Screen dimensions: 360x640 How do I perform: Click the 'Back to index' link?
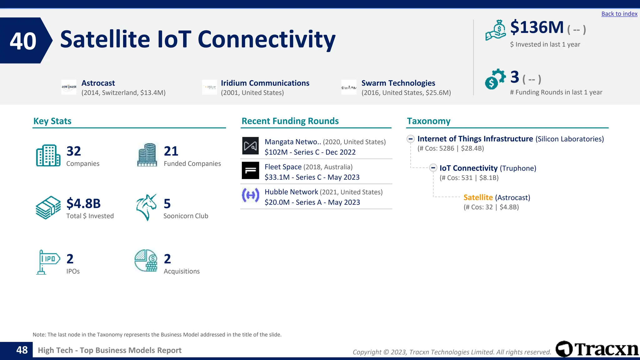pyautogui.click(x=619, y=14)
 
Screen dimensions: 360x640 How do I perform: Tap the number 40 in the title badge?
pyautogui.click(x=23, y=41)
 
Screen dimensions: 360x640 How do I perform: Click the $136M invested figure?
pyautogui.click(x=537, y=27)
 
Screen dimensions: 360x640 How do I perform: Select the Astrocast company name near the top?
pyautogui.click(x=98, y=83)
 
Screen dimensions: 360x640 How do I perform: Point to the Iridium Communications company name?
pyautogui.click(x=265, y=83)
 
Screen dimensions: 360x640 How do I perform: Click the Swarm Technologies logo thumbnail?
pyautogui.click(x=349, y=87)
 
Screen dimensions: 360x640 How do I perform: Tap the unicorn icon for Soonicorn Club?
pyautogui.click(x=146, y=207)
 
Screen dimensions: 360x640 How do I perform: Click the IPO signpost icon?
pyautogui.click(x=47, y=262)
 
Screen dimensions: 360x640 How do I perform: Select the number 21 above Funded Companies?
pyautogui.click(x=171, y=151)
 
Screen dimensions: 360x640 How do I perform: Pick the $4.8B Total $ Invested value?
pyautogui.click(x=83, y=203)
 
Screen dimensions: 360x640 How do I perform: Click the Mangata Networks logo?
pyautogui.click(x=250, y=146)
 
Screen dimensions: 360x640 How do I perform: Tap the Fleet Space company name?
pyautogui.click(x=283, y=167)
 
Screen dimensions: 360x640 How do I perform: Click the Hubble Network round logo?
pyautogui.click(x=250, y=196)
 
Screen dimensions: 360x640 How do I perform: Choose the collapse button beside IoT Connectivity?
pyautogui.click(x=433, y=168)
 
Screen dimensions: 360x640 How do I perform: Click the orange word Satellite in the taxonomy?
pyautogui.click(x=478, y=197)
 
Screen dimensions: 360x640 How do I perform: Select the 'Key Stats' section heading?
pyautogui.click(x=52, y=121)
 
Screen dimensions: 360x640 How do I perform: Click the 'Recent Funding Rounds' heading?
pyautogui.click(x=290, y=121)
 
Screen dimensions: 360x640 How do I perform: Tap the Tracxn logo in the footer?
pyautogui.click(x=597, y=349)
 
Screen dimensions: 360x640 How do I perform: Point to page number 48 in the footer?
pyautogui.click(x=22, y=350)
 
